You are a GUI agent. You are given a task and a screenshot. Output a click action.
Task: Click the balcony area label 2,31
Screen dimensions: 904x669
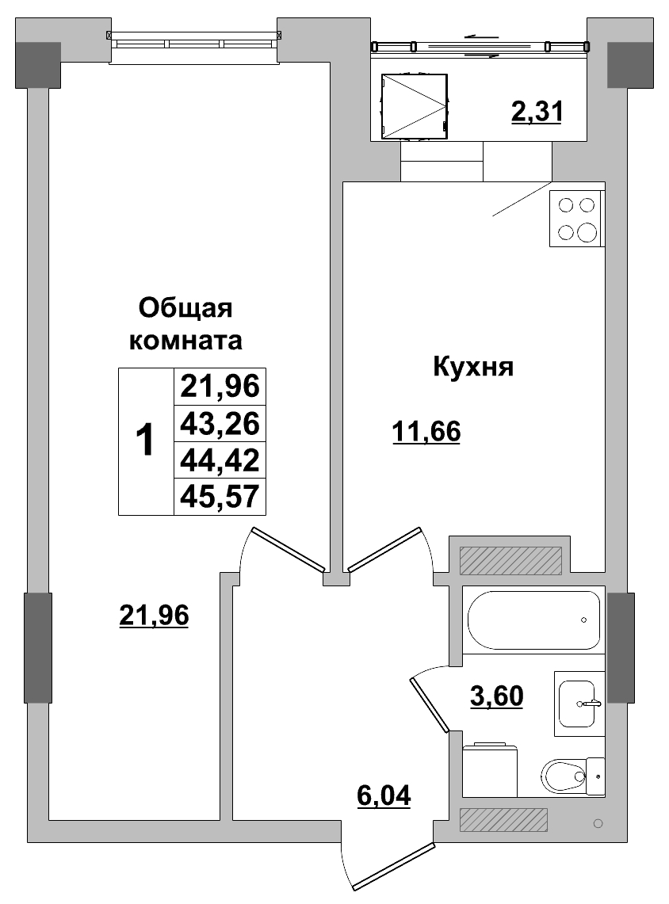pyautogui.click(x=537, y=112)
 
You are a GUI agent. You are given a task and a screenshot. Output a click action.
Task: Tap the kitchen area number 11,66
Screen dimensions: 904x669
pyautogui.click(x=426, y=432)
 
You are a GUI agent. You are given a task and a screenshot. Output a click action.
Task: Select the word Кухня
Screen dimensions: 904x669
pyautogui.click(x=473, y=367)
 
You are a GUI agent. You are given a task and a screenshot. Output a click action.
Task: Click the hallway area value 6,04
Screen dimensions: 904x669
pyautogui.click(x=384, y=794)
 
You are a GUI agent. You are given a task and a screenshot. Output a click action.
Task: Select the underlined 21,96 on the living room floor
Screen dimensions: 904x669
pyautogui.click(x=154, y=614)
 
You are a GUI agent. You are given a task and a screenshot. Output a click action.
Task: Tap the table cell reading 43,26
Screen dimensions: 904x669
pyautogui.click(x=220, y=423)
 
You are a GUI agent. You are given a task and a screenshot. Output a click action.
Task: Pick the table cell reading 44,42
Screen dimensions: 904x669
pyautogui.click(x=220, y=460)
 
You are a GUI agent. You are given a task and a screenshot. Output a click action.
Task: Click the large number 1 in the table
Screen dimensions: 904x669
pyautogui.click(x=145, y=441)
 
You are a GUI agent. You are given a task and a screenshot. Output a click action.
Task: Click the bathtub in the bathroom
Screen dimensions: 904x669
pyautogui.click(x=533, y=620)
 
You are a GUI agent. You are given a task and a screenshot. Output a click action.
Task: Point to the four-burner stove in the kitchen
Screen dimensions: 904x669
pyautogui.click(x=576, y=219)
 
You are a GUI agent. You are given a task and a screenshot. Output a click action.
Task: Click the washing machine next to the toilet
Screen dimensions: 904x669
pyautogui.click(x=489, y=769)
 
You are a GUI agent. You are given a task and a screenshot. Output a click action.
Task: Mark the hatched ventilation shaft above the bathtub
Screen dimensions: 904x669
pyautogui.click(x=510, y=560)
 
